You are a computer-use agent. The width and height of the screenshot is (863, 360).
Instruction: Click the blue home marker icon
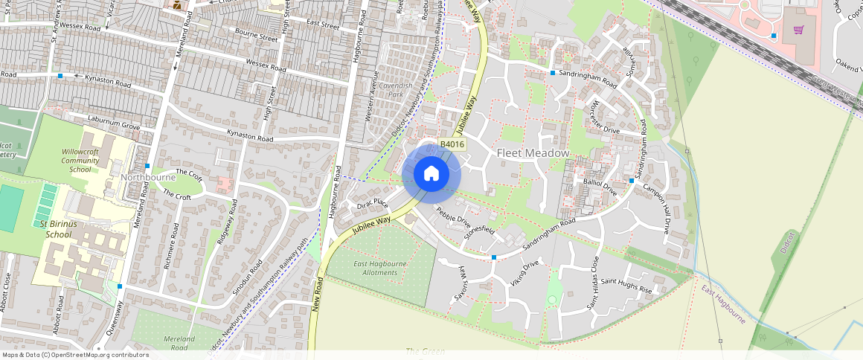click(x=431, y=174)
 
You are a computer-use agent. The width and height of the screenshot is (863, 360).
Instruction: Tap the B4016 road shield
click(x=452, y=145)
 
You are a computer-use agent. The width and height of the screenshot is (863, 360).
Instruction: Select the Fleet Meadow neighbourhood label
click(x=533, y=153)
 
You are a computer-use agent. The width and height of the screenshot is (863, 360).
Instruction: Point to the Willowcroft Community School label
click(x=80, y=160)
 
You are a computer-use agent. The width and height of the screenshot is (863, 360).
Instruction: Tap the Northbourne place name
click(x=148, y=178)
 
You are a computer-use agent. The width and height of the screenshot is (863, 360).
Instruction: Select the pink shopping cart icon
click(x=798, y=30)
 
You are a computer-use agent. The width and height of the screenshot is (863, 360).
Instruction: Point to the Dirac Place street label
click(x=373, y=202)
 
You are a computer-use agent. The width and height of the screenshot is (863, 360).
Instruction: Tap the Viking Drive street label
click(x=524, y=273)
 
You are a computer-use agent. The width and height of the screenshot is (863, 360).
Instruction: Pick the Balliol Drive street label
click(x=600, y=186)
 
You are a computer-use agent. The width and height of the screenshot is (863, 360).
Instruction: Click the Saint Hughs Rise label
click(x=626, y=286)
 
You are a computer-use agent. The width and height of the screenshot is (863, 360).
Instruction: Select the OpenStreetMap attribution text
click(x=75, y=355)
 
